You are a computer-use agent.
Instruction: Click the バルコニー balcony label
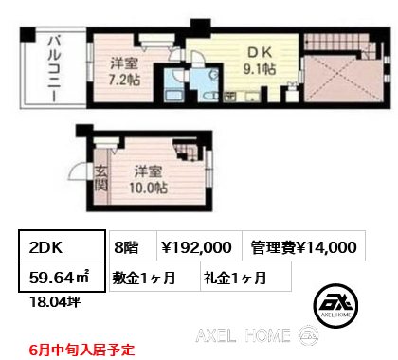pyautogui.click(x=54, y=68)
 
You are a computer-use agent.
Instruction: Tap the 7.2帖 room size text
pyautogui.click(x=124, y=81)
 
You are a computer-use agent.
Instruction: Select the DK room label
pyautogui.click(x=260, y=53)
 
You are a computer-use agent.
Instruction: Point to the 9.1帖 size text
pyautogui.click(x=260, y=69)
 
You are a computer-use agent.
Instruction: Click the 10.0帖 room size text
pyautogui.click(x=148, y=188)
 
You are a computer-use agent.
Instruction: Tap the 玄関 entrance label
pyautogui.click(x=101, y=179)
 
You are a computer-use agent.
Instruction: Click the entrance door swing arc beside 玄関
pyautogui.click(x=77, y=171)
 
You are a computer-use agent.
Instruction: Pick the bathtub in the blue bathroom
pyautogui.click(x=172, y=96)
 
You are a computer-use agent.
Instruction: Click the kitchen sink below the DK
pyautogui.click(x=253, y=97)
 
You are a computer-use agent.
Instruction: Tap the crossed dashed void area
pyautogui.click(x=344, y=80)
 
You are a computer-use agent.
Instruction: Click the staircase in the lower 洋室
pyautogui.click(x=187, y=151)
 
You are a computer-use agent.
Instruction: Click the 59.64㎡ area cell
pyautogui.click(x=62, y=277)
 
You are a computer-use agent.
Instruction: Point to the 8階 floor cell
pyautogui.click(x=133, y=246)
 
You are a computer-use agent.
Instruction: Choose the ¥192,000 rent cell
pyautogui.click(x=199, y=246)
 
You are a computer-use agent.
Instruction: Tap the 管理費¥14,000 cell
pyautogui.click(x=303, y=246)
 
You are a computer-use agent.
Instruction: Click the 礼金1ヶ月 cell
pyautogui.click(x=245, y=277)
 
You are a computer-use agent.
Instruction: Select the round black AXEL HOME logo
pyautogui.click(x=335, y=306)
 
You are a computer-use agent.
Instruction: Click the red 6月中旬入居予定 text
pyautogui.click(x=81, y=351)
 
